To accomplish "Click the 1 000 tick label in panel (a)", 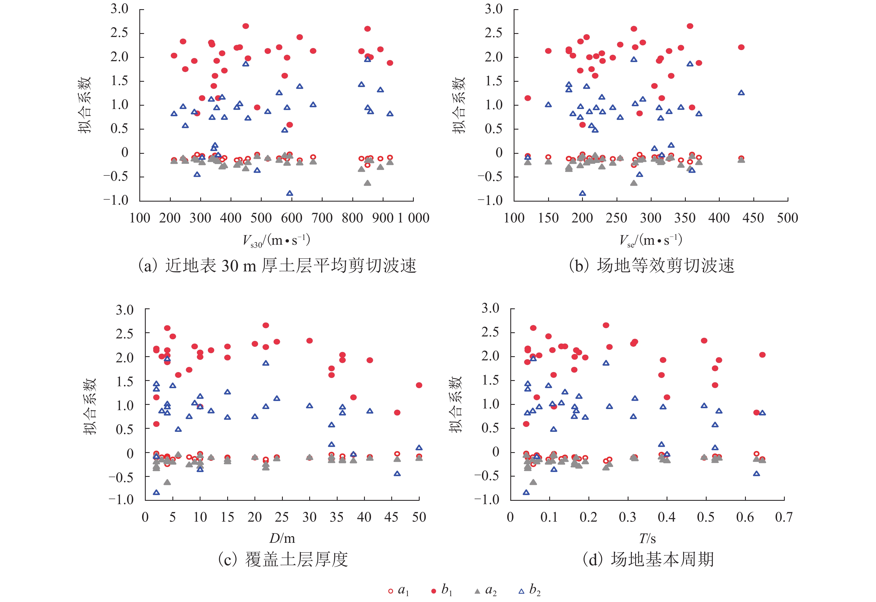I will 414,218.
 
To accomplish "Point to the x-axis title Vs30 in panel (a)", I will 276,240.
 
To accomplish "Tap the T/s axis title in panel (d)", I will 647,538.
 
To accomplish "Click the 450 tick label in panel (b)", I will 753,218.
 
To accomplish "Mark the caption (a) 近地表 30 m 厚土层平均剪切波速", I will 277,266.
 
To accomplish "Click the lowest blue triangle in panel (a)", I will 289,194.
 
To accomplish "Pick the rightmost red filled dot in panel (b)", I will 741,47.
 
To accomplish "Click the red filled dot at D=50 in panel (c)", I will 419,385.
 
